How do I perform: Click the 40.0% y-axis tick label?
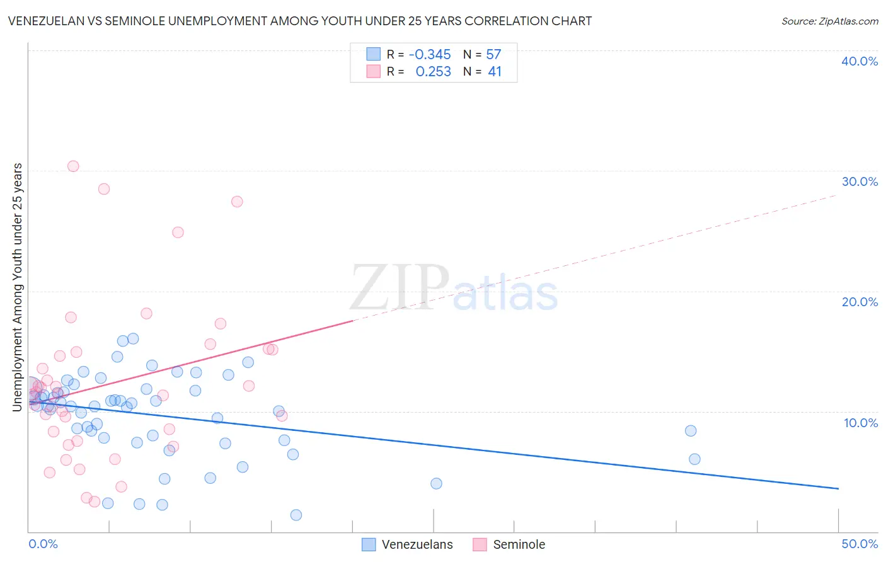click(x=860, y=61)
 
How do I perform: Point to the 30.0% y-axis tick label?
click(x=860, y=181)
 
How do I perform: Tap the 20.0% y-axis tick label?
click(x=860, y=302)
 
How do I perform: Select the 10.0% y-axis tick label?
click(x=861, y=423)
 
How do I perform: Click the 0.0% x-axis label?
click(x=43, y=544)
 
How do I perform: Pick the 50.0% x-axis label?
click(x=860, y=544)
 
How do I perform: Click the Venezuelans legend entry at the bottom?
click(x=417, y=544)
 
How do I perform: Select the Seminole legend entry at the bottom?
click(x=519, y=544)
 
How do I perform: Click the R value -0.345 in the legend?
click(x=430, y=55)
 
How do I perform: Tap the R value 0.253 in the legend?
click(x=433, y=72)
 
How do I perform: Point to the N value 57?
click(x=493, y=55)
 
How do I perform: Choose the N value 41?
click(x=495, y=72)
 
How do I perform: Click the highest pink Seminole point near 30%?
click(x=73, y=166)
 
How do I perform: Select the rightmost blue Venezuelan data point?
click(x=694, y=459)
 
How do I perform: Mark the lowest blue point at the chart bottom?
click(x=296, y=515)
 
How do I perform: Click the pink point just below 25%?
click(x=178, y=232)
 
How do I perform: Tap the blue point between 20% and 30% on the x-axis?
click(x=436, y=484)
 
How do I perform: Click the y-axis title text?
click(x=17, y=287)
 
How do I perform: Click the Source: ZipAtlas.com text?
click(x=829, y=21)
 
